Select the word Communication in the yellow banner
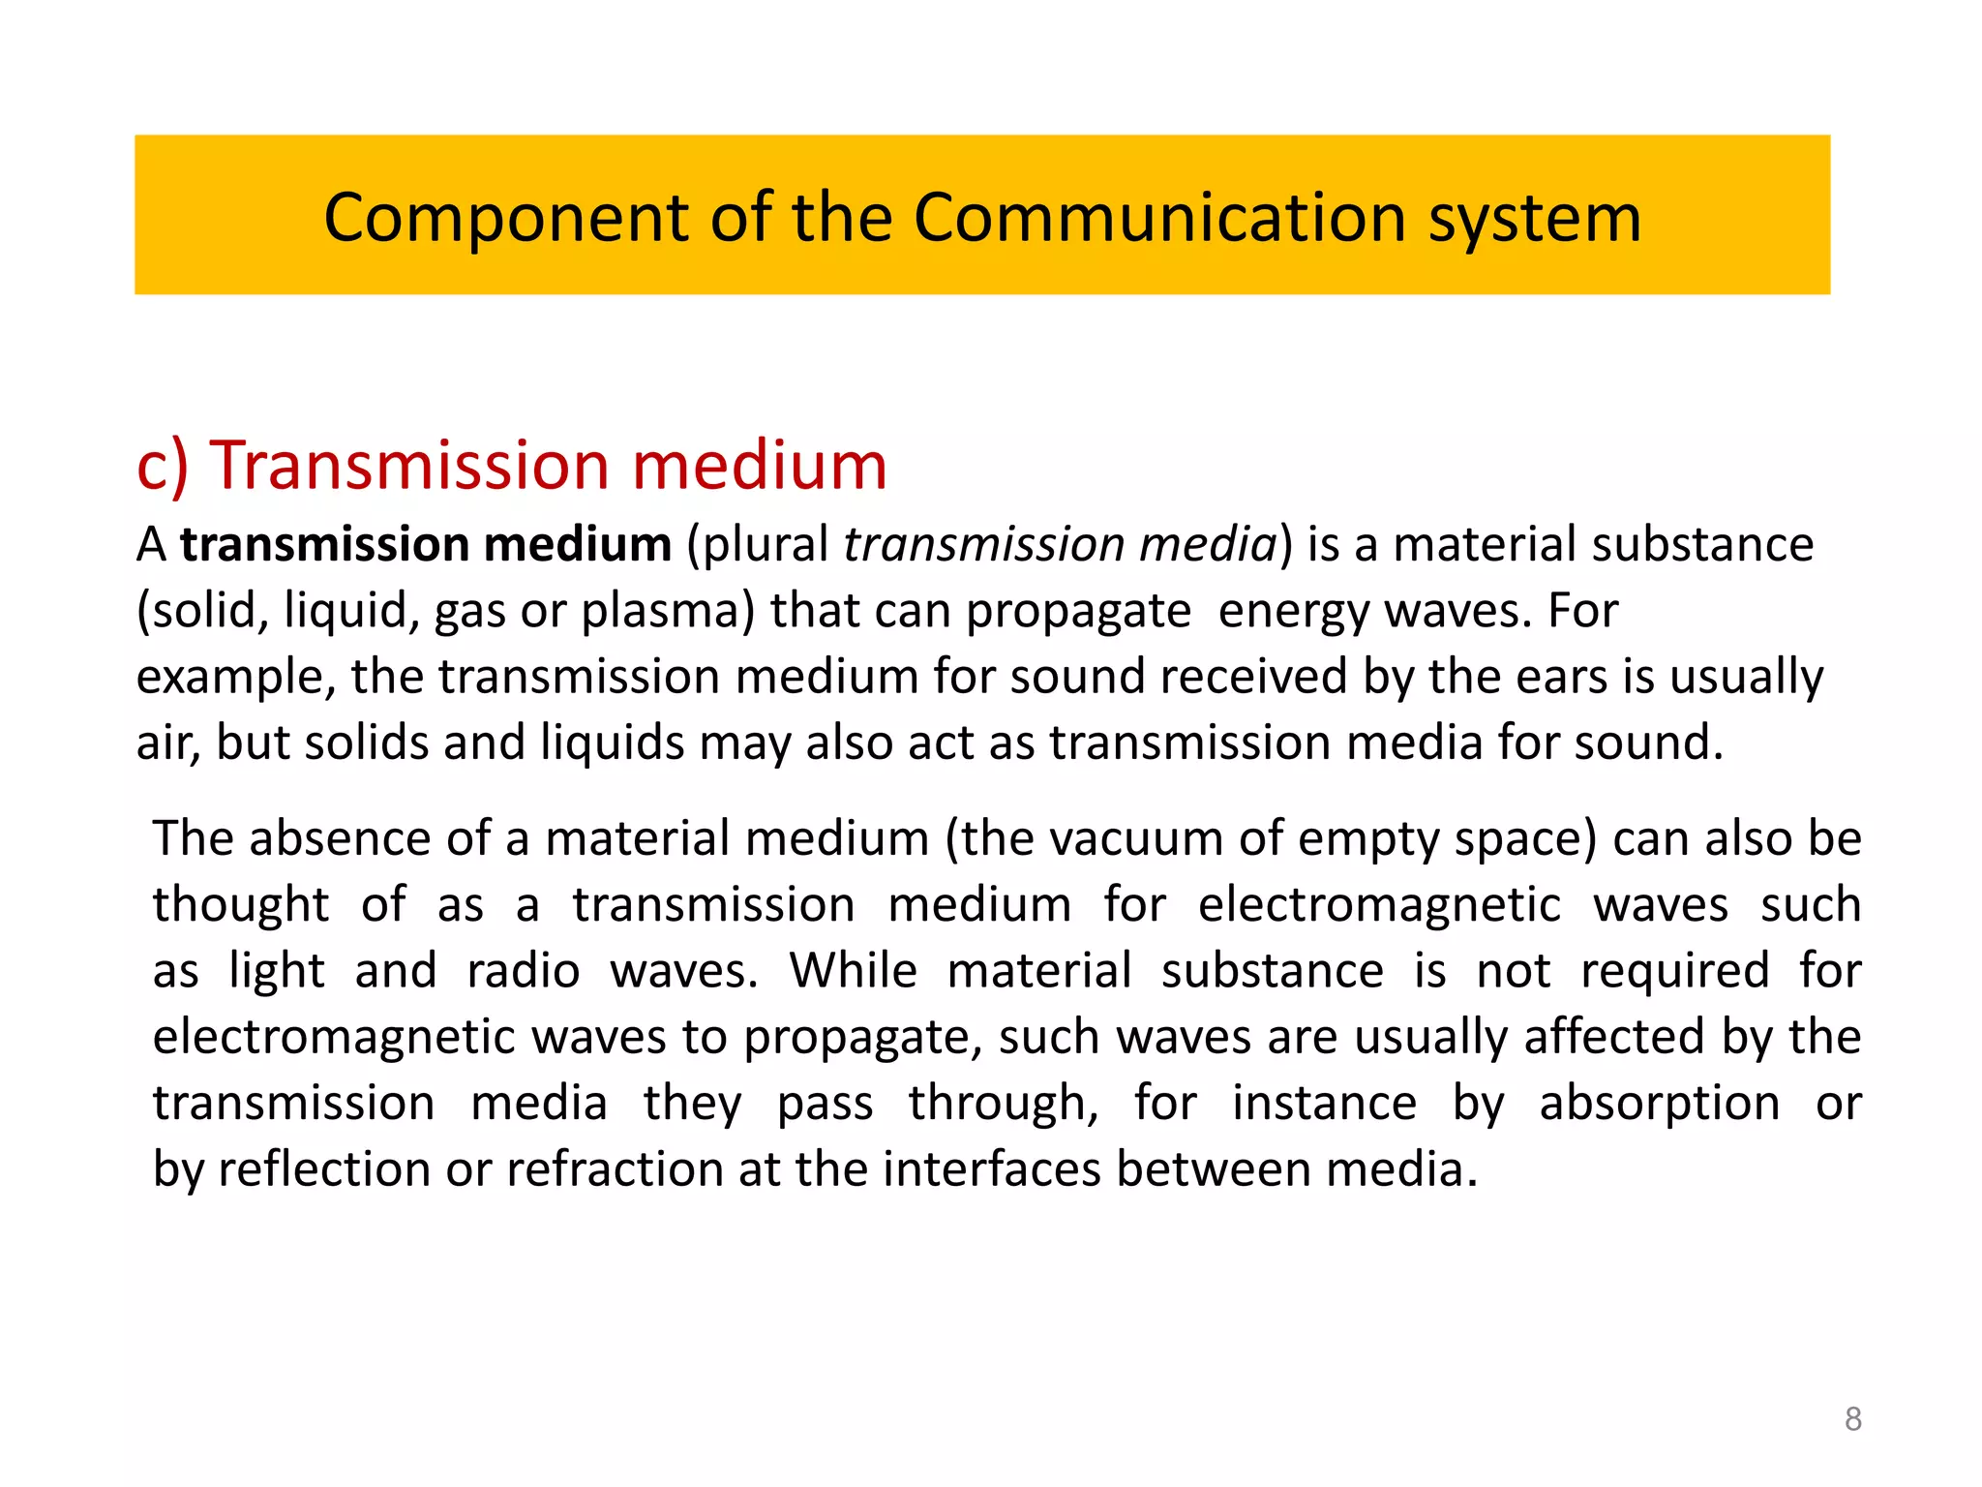(x=1162, y=217)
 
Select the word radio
(x=524, y=971)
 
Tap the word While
(x=853, y=971)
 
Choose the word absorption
(x=1659, y=1104)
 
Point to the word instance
(x=1324, y=1104)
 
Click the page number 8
(x=1852, y=1419)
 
